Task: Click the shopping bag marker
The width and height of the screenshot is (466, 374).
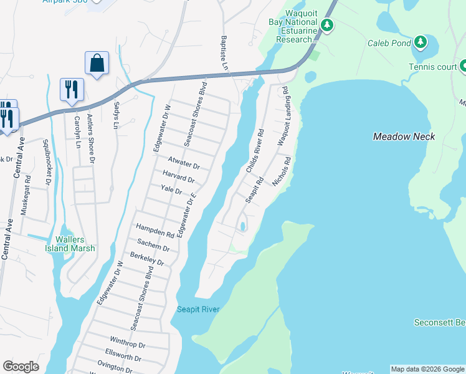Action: (x=97, y=63)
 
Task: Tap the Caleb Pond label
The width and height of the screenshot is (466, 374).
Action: (x=389, y=43)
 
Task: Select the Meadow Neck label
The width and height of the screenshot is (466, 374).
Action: (x=404, y=137)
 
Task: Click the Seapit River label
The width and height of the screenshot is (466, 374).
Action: (x=198, y=309)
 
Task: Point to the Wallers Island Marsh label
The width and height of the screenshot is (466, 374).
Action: (x=75, y=244)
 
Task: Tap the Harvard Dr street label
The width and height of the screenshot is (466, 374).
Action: (x=178, y=177)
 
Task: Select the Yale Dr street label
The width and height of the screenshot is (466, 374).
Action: (x=171, y=191)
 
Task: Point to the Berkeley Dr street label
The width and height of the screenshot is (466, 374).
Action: (x=146, y=259)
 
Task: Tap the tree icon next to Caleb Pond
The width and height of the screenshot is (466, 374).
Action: (x=421, y=42)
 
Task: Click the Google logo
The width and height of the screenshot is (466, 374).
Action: (x=21, y=367)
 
